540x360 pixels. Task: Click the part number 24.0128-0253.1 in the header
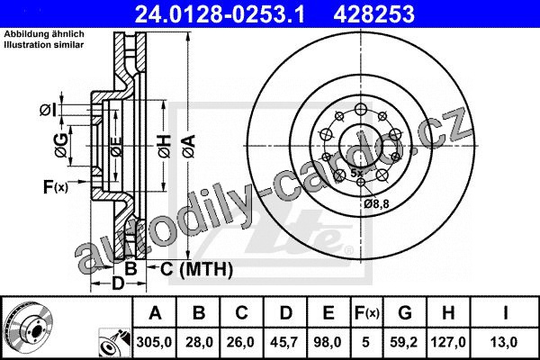(220, 14)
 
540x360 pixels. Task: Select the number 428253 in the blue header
(374, 14)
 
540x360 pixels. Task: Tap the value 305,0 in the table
(154, 342)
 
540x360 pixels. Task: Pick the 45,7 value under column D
(284, 342)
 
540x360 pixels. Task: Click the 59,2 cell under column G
(403, 342)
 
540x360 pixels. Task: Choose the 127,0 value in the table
(448, 342)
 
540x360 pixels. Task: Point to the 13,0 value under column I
(505, 342)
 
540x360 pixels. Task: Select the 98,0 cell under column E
(328, 342)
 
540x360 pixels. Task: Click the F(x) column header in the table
(366, 313)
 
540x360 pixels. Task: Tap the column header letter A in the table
(155, 313)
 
